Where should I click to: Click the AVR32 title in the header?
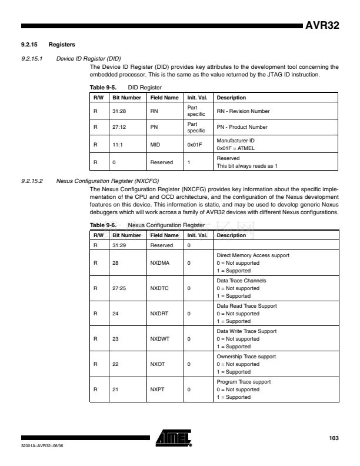click(322, 26)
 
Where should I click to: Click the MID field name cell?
click(155, 143)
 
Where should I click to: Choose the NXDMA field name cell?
click(159, 262)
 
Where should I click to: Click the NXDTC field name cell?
click(158, 288)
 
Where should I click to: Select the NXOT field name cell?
click(157, 365)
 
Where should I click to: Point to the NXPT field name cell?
click(156, 390)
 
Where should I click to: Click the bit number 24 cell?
click(115, 314)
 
